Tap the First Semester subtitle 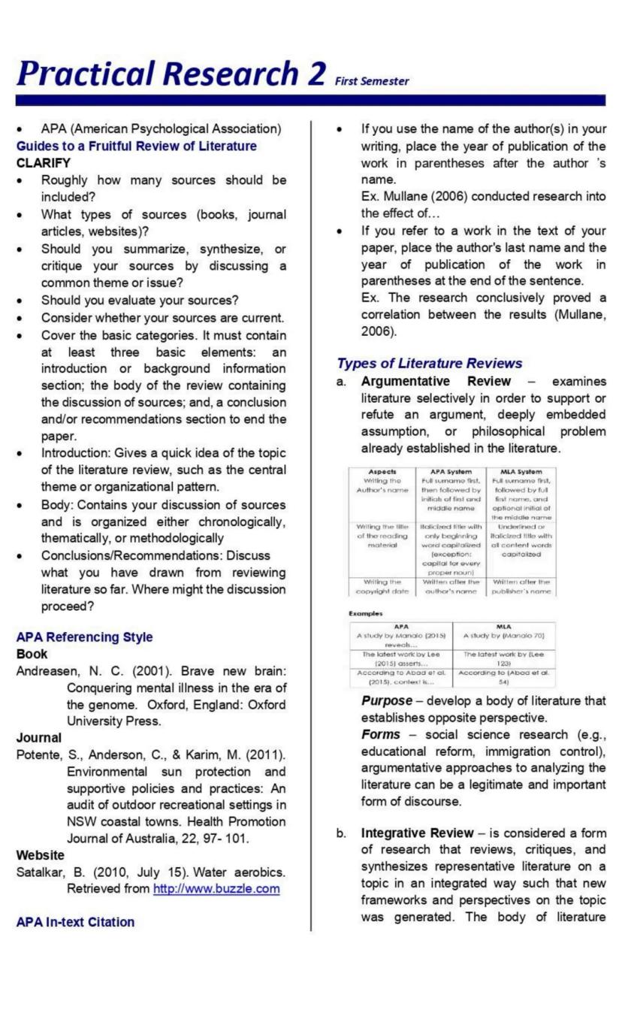pyautogui.click(x=373, y=81)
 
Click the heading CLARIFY pyautogui.click(x=43, y=162)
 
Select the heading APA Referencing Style pyautogui.click(x=84, y=636)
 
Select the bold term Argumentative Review pyautogui.click(x=436, y=382)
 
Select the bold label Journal pyautogui.click(x=38, y=737)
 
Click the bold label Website pyautogui.click(x=40, y=854)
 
